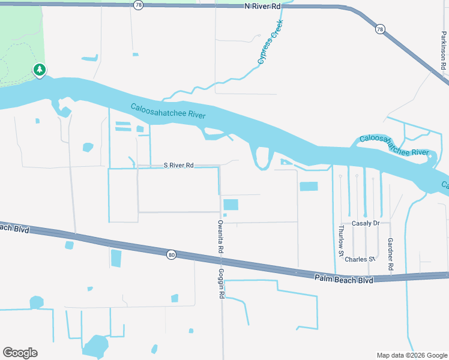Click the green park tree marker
click(x=40, y=71)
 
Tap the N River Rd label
click(x=262, y=6)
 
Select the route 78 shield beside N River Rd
click(x=139, y=5)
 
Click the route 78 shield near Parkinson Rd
click(x=380, y=29)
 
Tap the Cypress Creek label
click(x=270, y=43)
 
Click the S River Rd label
click(x=179, y=165)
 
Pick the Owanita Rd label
click(x=220, y=236)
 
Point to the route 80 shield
click(x=171, y=255)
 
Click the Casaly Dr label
click(x=366, y=223)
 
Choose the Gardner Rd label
click(x=390, y=253)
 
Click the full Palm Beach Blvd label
click(x=344, y=279)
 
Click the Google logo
click(x=20, y=353)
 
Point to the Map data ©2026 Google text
click(x=411, y=355)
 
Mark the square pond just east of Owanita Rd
click(x=231, y=205)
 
